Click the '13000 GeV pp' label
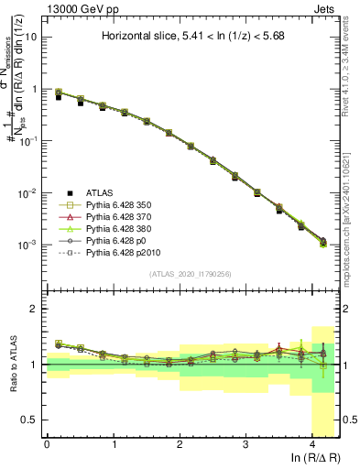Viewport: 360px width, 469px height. point(72,6)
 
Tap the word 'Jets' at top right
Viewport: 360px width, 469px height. point(326,6)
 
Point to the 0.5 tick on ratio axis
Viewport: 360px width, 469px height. point(28,420)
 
